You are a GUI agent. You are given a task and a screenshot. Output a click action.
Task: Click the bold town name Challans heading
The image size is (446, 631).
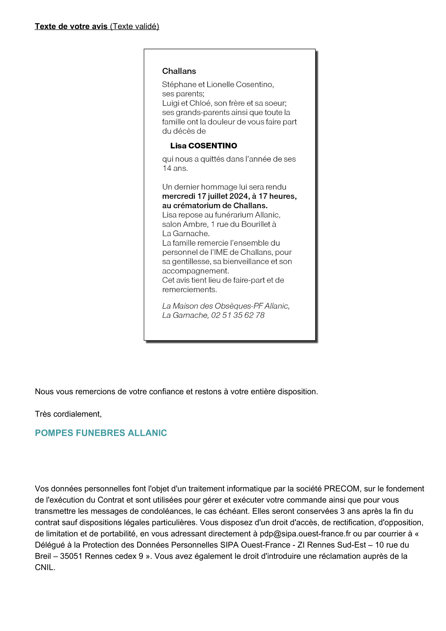179,71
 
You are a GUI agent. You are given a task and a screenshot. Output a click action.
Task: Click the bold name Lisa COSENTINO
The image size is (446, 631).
203,146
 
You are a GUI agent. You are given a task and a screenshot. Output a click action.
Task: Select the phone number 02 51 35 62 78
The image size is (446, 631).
238,315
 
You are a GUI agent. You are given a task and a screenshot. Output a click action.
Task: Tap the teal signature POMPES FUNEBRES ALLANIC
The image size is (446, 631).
101,433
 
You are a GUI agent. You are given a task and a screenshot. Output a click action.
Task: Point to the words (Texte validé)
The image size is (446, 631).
134,27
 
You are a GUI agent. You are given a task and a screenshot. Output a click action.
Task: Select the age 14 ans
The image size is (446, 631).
175,168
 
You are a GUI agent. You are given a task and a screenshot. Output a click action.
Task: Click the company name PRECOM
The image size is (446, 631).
342,489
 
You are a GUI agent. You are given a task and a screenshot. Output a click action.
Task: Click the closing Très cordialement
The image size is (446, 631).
68,414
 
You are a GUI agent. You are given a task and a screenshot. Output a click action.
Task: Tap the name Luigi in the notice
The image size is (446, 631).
170,103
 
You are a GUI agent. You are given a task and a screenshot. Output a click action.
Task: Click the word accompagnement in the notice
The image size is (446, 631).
195,271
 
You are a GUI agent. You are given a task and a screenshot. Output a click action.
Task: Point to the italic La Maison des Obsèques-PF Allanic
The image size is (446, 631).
225,306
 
